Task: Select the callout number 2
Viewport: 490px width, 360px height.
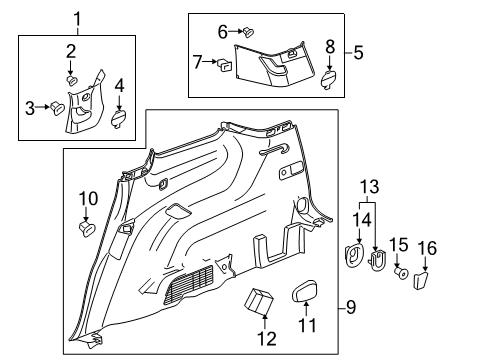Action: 72,50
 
